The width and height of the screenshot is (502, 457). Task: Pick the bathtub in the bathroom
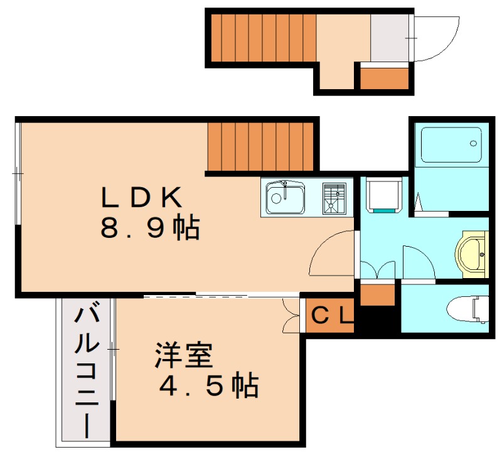tap(451, 145)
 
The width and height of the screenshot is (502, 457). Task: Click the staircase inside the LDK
tap(260, 146)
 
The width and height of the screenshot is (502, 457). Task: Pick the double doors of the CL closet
tap(292, 316)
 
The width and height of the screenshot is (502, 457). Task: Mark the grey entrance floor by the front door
tap(389, 37)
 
